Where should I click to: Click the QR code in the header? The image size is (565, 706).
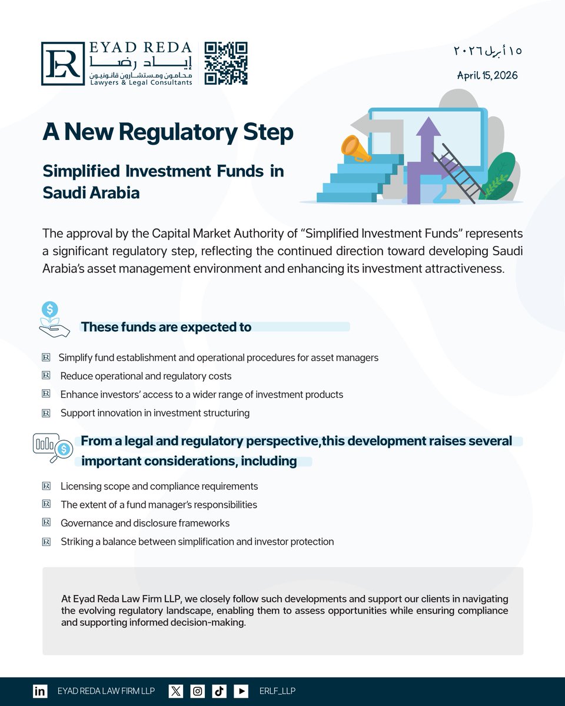click(x=226, y=64)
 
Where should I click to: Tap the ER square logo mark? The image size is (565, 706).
click(x=63, y=64)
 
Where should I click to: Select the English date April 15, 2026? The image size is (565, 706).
click(x=487, y=75)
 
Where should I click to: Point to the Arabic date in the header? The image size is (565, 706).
click(x=487, y=51)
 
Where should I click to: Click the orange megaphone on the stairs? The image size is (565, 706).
click(x=355, y=149)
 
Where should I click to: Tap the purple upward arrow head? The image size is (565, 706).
click(x=428, y=126)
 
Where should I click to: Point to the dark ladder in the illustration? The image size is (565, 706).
click(x=459, y=173)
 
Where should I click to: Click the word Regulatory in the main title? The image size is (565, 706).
click(x=178, y=132)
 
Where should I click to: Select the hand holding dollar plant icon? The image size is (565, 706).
click(x=54, y=319)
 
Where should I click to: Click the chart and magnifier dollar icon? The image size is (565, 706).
click(x=52, y=448)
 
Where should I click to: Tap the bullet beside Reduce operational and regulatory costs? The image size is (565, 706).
click(x=46, y=375)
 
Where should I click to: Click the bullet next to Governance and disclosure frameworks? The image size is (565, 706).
click(x=46, y=522)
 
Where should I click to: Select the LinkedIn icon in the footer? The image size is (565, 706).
click(x=40, y=691)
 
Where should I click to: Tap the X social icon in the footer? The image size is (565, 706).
click(x=175, y=691)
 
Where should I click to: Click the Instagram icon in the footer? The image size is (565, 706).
click(x=197, y=691)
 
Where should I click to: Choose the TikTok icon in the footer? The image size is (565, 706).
click(x=219, y=691)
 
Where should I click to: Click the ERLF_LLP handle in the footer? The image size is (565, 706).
click(x=277, y=691)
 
